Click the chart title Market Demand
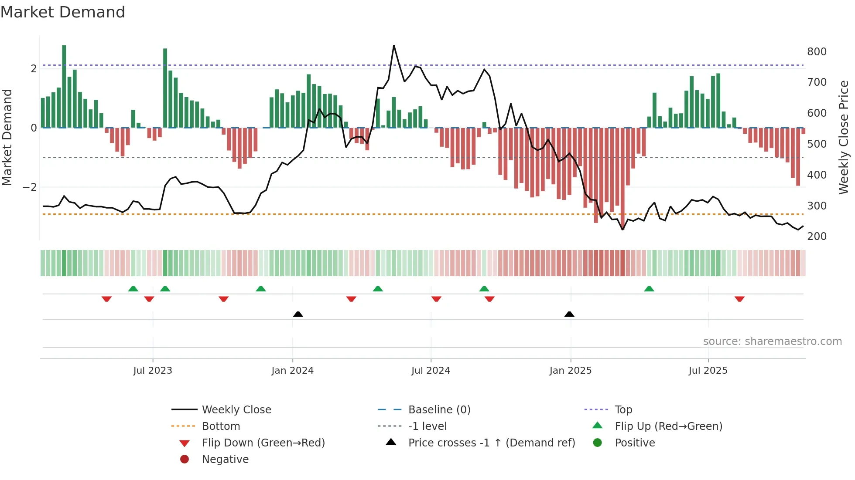(63, 12)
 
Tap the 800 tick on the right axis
(817, 52)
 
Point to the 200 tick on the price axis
(817, 237)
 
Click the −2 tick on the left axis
(30, 187)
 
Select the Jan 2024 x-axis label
(292, 371)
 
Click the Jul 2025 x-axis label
(708, 371)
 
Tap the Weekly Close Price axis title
(844, 137)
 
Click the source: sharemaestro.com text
(772, 341)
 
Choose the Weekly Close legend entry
(236, 410)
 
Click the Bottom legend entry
(221, 426)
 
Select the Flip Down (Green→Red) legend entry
(263, 443)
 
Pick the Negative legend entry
(225, 460)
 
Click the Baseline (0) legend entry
(439, 410)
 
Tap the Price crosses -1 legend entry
(491, 443)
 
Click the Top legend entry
(623, 410)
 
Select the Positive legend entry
(635, 443)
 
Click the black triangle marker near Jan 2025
(569, 314)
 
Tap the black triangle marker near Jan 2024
(298, 314)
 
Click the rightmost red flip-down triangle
(739, 299)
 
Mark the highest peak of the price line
(394, 45)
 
